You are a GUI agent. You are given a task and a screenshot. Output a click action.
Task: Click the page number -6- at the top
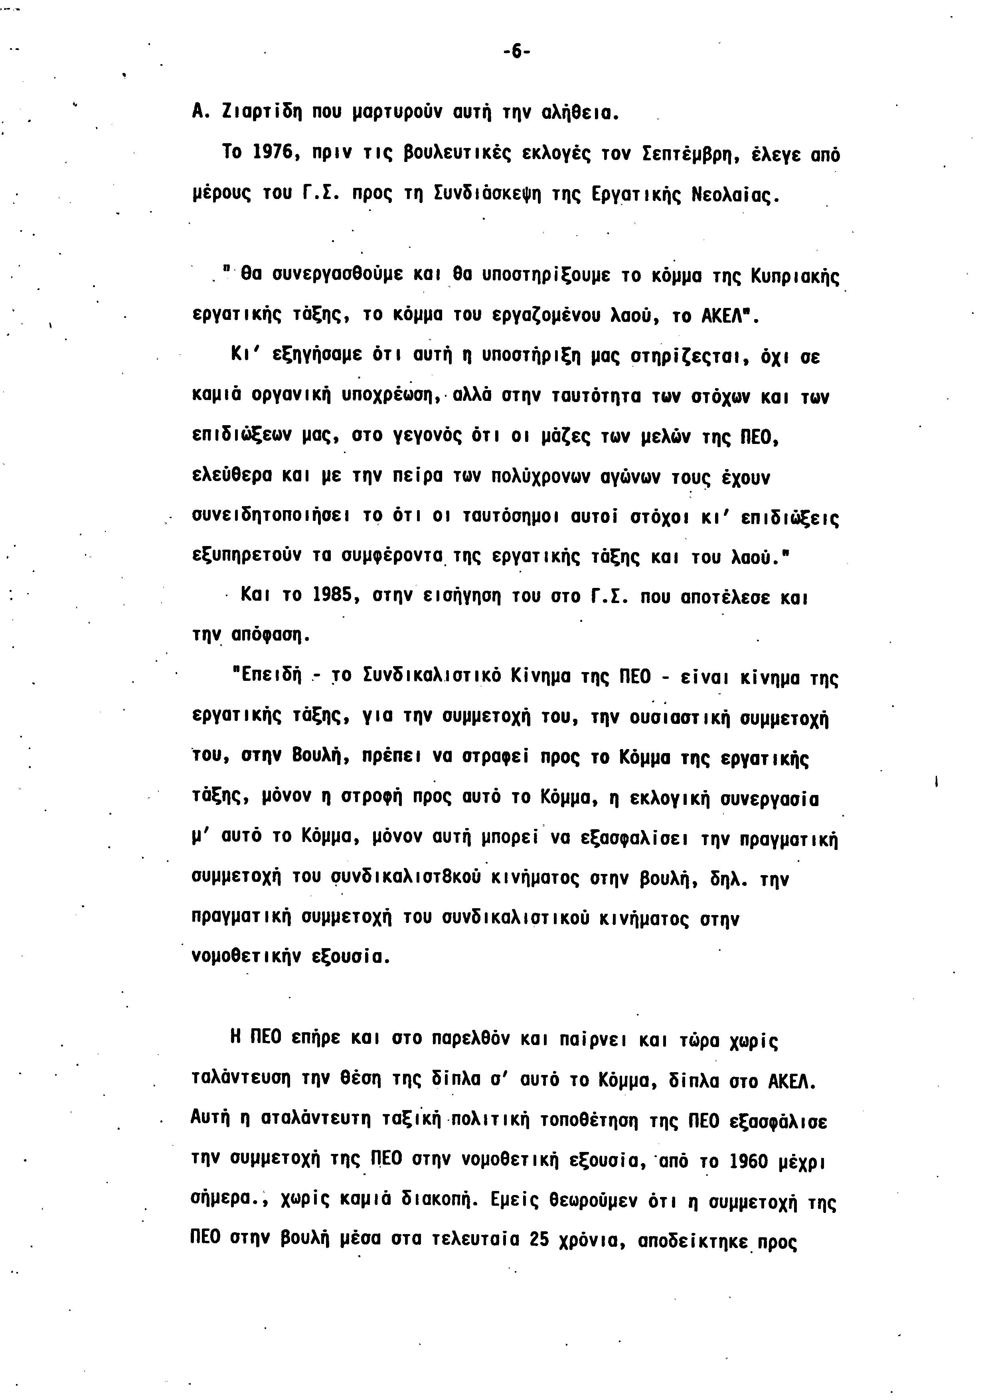(x=516, y=52)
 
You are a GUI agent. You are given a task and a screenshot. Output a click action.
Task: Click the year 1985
(x=334, y=596)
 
